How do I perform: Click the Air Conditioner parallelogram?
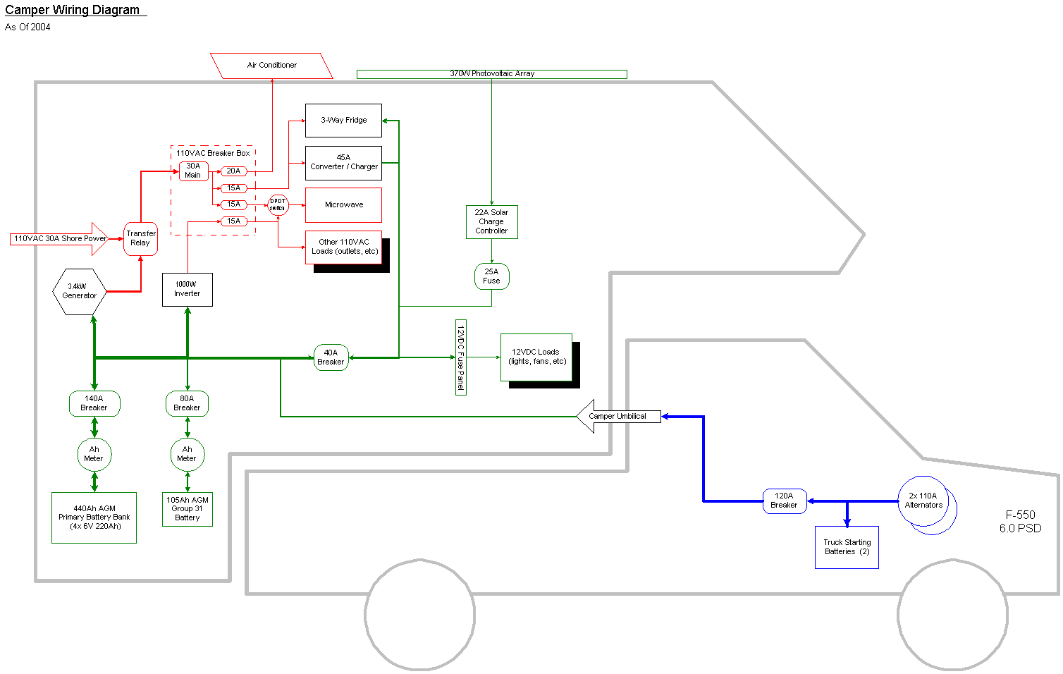(x=271, y=66)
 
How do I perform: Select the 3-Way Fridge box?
(x=343, y=121)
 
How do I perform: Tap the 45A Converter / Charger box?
(x=343, y=163)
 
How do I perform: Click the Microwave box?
(x=343, y=205)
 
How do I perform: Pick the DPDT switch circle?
(x=278, y=205)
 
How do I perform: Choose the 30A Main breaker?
(x=193, y=171)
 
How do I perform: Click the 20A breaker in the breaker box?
(x=233, y=171)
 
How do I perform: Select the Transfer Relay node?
(x=140, y=238)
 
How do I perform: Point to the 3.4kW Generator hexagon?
(x=80, y=291)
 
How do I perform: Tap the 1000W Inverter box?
(x=188, y=289)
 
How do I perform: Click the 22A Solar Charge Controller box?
(x=491, y=222)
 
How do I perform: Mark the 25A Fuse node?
(x=491, y=276)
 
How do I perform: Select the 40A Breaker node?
(x=331, y=357)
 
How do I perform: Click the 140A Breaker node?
(x=94, y=403)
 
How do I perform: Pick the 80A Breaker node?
(x=187, y=403)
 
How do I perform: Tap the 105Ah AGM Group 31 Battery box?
(x=187, y=509)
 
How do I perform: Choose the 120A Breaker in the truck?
(x=784, y=501)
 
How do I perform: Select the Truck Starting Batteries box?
(x=847, y=547)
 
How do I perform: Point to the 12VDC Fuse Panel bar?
(x=460, y=357)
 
